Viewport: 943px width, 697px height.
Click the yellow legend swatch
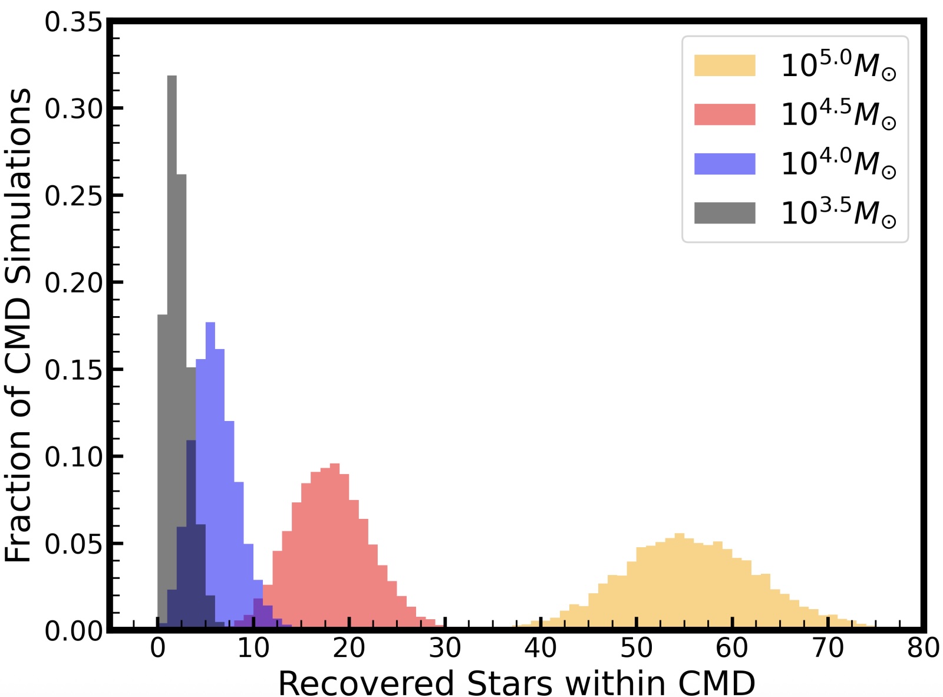pos(724,65)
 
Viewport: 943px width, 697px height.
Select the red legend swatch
pos(724,114)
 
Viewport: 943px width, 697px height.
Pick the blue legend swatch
pos(724,164)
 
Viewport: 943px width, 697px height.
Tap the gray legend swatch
pos(724,213)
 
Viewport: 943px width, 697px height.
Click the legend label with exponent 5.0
pos(838,65)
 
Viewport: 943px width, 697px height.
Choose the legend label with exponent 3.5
pos(838,213)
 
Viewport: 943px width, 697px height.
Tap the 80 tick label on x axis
pos(923,648)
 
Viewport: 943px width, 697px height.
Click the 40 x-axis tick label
pos(540,648)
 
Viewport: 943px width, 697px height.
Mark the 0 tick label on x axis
pos(157,648)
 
